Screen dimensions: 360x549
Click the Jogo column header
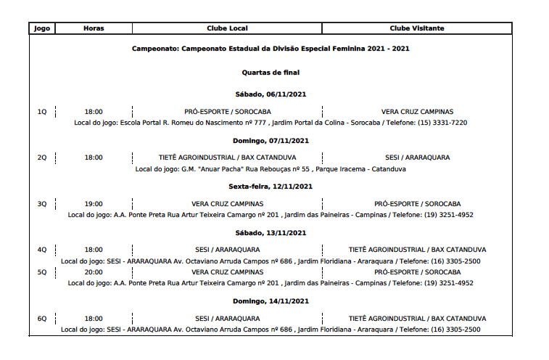42,28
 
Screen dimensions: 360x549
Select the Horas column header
94,28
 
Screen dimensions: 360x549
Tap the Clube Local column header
227,28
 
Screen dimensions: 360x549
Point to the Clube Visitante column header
417,28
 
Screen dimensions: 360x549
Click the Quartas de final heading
271,73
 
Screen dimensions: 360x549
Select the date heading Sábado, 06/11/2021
271,95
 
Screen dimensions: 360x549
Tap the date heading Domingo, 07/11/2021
271,141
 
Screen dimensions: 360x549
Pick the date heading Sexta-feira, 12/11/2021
271,187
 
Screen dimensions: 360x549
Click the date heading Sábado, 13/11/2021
271,233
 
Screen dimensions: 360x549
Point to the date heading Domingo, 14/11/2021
271,301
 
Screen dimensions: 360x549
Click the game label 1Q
42,112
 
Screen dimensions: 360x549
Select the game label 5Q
42,272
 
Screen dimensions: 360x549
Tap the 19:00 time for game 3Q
94,204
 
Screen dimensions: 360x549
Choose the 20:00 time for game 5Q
94,272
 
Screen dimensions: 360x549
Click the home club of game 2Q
227,157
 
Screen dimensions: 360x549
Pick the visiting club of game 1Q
417,112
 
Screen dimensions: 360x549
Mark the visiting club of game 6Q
417,319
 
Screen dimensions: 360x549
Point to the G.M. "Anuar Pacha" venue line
271,169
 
